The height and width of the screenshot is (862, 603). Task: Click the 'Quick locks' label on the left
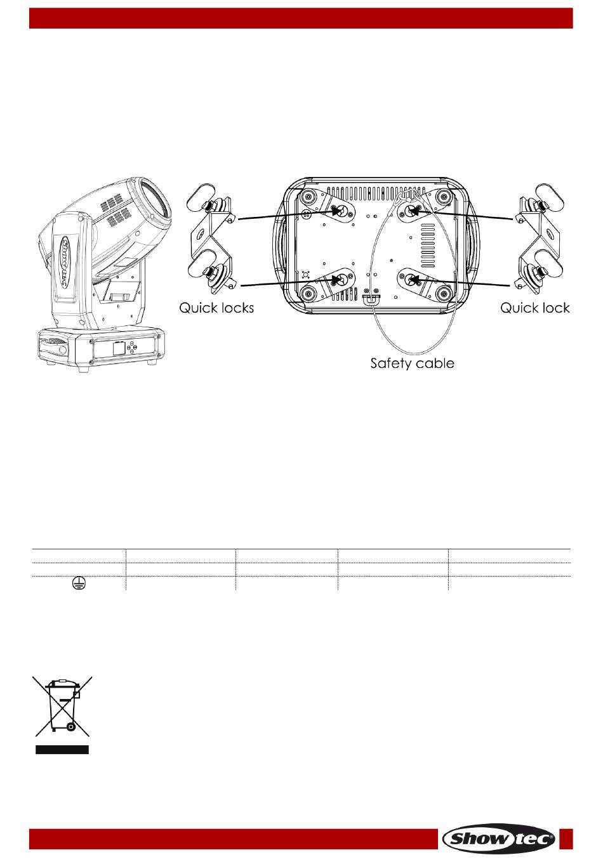tap(216, 308)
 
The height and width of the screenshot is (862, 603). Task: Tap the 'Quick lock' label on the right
tap(534, 308)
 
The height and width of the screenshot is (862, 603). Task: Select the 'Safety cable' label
tap(413, 363)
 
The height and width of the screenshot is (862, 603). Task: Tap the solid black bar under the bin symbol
tap(62, 750)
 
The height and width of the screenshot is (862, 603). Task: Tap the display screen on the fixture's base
tap(119, 348)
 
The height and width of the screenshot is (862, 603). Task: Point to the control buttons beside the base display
tap(131, 348)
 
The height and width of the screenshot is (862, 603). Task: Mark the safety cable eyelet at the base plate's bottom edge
tap(370, 297)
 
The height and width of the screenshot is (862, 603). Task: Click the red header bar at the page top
tap(301, 18)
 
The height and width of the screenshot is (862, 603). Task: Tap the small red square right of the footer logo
tap(567, 839)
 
